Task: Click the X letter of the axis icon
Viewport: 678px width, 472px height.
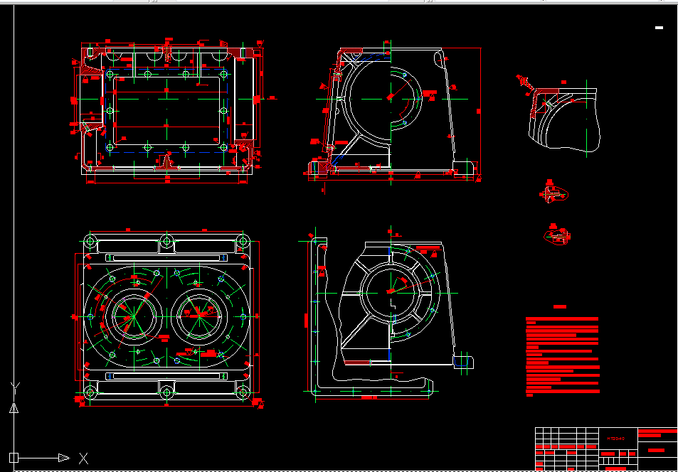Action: point(84,458)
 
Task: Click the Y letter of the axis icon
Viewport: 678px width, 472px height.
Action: point(14,387)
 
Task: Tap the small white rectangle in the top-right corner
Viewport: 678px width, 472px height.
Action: point(659,28)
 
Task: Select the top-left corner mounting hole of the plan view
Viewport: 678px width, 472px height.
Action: point(91,242)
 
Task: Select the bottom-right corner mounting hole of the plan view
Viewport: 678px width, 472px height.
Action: point(243,392)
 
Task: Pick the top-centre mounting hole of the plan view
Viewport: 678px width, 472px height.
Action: point(166,242)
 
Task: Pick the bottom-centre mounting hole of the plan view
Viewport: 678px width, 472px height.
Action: point(166,392)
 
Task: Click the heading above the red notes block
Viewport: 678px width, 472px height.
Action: point(560,307)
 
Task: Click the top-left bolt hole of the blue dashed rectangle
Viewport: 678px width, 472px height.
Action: point(110,73)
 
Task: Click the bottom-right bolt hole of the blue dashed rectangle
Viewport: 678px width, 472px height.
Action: point(223,148)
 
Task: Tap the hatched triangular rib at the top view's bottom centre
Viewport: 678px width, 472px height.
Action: point(168,161)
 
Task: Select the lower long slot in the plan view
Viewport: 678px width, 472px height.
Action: point(166,375)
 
